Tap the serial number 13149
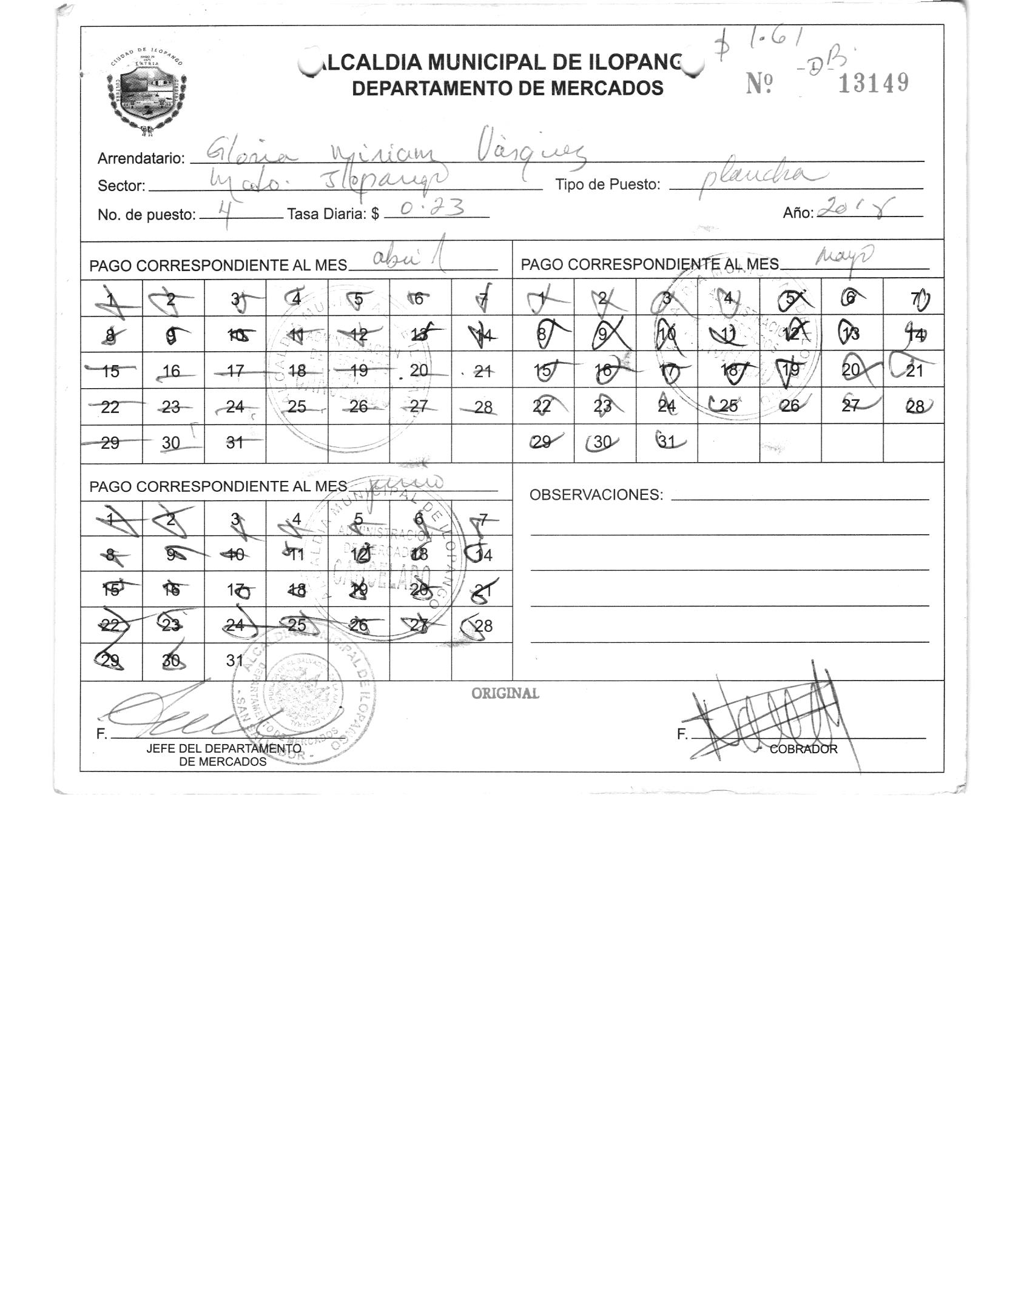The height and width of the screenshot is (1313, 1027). point(873,83)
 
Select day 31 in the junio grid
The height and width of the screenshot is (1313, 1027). point(235,660)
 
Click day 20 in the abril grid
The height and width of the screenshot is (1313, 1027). point(419,369)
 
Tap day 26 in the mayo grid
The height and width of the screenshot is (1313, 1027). point(790,406)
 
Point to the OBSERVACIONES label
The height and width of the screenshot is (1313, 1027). point(596,495)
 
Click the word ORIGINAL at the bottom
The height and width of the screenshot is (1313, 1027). point(505,693)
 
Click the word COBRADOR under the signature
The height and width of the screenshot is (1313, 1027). point(803,749)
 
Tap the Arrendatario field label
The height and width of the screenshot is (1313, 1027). point(141,159)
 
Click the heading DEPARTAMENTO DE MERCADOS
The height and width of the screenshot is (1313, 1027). point(508,89)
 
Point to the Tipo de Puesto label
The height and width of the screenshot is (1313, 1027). point(608,185)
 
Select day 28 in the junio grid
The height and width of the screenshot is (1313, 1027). point(483,625)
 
